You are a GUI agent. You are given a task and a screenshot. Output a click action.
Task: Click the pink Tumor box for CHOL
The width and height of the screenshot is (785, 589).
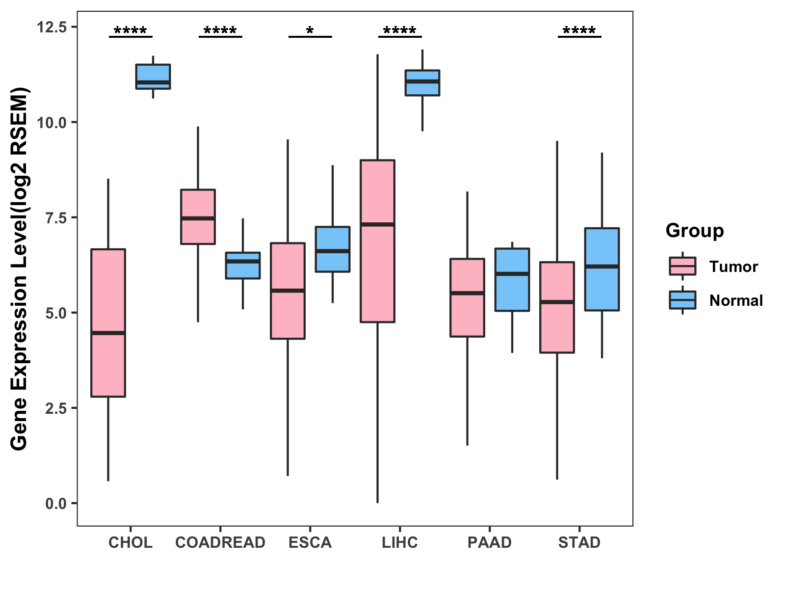[108, 322]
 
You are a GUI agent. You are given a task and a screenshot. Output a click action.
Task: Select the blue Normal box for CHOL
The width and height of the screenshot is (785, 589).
[153, 77]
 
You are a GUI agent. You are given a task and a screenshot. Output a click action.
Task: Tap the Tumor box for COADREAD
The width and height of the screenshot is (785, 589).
[198, 216]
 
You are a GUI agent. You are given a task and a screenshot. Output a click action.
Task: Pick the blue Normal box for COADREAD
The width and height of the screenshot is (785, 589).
[242, 266]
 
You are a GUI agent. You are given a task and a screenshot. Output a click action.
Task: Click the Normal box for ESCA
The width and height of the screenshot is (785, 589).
[332, 249]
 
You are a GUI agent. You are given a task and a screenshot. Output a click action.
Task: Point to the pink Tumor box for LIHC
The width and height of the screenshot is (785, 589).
[377, 241]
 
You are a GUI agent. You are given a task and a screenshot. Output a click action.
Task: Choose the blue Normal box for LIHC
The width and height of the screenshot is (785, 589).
[422, 83]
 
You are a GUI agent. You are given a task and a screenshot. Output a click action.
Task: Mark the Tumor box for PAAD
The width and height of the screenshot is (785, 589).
[467, 297]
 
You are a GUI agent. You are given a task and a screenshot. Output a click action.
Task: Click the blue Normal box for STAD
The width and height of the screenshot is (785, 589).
[602, 269]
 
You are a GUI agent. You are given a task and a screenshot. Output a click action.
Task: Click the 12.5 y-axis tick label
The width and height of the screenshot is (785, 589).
[52, 27]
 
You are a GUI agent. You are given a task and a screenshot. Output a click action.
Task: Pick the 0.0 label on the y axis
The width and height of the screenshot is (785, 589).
[55, 504]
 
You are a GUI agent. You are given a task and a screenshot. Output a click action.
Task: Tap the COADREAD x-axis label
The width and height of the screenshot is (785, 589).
[220, 542]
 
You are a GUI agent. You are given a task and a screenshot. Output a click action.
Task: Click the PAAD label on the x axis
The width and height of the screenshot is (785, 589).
[489, 542]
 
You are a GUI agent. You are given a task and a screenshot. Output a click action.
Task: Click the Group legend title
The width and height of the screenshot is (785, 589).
[694, 231]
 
